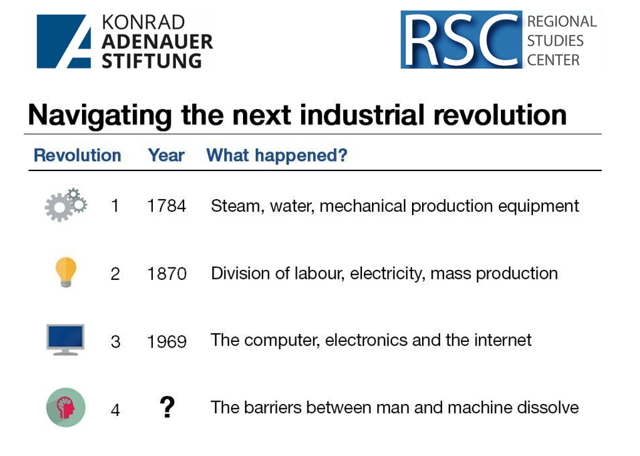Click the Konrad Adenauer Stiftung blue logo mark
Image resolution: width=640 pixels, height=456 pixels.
click(64, 41)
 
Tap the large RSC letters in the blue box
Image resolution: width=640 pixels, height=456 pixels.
click(462, 39)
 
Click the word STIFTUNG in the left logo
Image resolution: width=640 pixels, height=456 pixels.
click(152, 61)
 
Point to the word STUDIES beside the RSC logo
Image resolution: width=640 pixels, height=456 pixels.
click(555, 41)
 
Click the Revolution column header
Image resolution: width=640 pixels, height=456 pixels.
click(78, 155)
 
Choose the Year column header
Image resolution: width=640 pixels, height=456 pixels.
click(166, 155)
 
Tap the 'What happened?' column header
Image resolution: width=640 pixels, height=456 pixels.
click(277, 155)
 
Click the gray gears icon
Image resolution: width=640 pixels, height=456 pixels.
click(65, 205)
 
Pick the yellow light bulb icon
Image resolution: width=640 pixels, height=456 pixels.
click(66, 272)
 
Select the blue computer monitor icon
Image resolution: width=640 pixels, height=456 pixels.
click(65, 339)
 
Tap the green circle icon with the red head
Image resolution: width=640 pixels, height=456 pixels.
click(66, 407)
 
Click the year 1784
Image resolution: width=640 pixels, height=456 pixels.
click(167, 205)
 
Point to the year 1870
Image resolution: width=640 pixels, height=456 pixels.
click(167, 274)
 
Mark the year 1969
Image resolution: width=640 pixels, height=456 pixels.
click(167, 342)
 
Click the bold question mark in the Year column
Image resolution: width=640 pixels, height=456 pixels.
click(167, 407)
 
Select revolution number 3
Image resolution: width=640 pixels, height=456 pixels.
click(115, 342)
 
